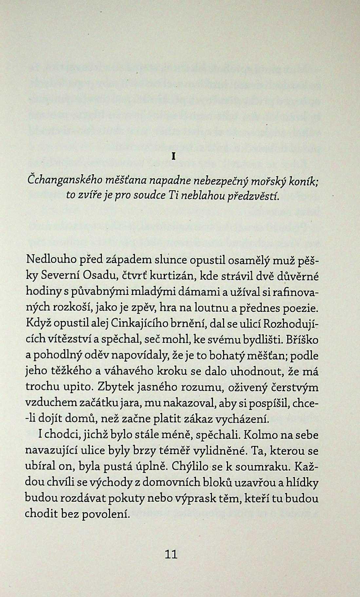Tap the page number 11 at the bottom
(171, 554)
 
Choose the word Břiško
(302, 340)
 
